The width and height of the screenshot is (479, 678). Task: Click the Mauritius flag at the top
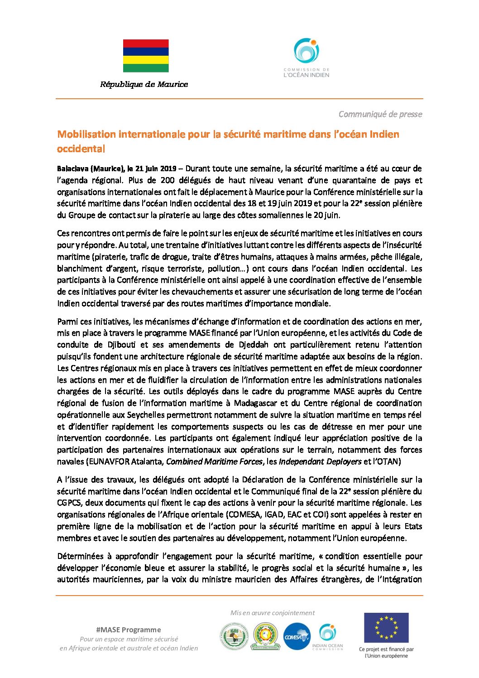146,56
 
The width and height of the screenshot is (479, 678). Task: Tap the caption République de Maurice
144,84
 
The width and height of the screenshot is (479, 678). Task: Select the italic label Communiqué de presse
380,114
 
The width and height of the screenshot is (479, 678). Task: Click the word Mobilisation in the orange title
86,134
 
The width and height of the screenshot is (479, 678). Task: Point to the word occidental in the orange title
81,149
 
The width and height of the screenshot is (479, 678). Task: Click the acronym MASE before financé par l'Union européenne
200,333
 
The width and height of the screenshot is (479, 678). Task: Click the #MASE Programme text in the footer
129,630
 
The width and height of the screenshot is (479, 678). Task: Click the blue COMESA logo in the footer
297,637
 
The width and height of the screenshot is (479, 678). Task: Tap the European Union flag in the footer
386,628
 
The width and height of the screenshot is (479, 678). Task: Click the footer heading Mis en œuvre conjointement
273,613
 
